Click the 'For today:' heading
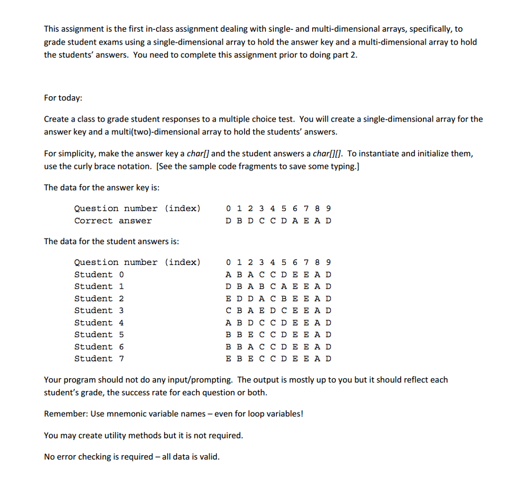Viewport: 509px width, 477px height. coord(63,98)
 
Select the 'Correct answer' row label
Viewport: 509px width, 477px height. coord(113,221)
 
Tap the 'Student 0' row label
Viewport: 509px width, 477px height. coord(99,274)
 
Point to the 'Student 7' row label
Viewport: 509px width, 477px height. coord(99,358)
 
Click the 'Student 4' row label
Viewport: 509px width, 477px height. coord(99,323)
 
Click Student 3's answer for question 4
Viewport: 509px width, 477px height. coord(272,311)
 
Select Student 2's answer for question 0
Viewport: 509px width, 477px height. coord(228,299)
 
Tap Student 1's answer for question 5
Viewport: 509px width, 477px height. coord(283,286)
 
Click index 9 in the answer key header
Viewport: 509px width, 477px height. coord(328,208)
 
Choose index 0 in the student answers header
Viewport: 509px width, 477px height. coord(228,262)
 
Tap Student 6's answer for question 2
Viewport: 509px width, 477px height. coord(251,346)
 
